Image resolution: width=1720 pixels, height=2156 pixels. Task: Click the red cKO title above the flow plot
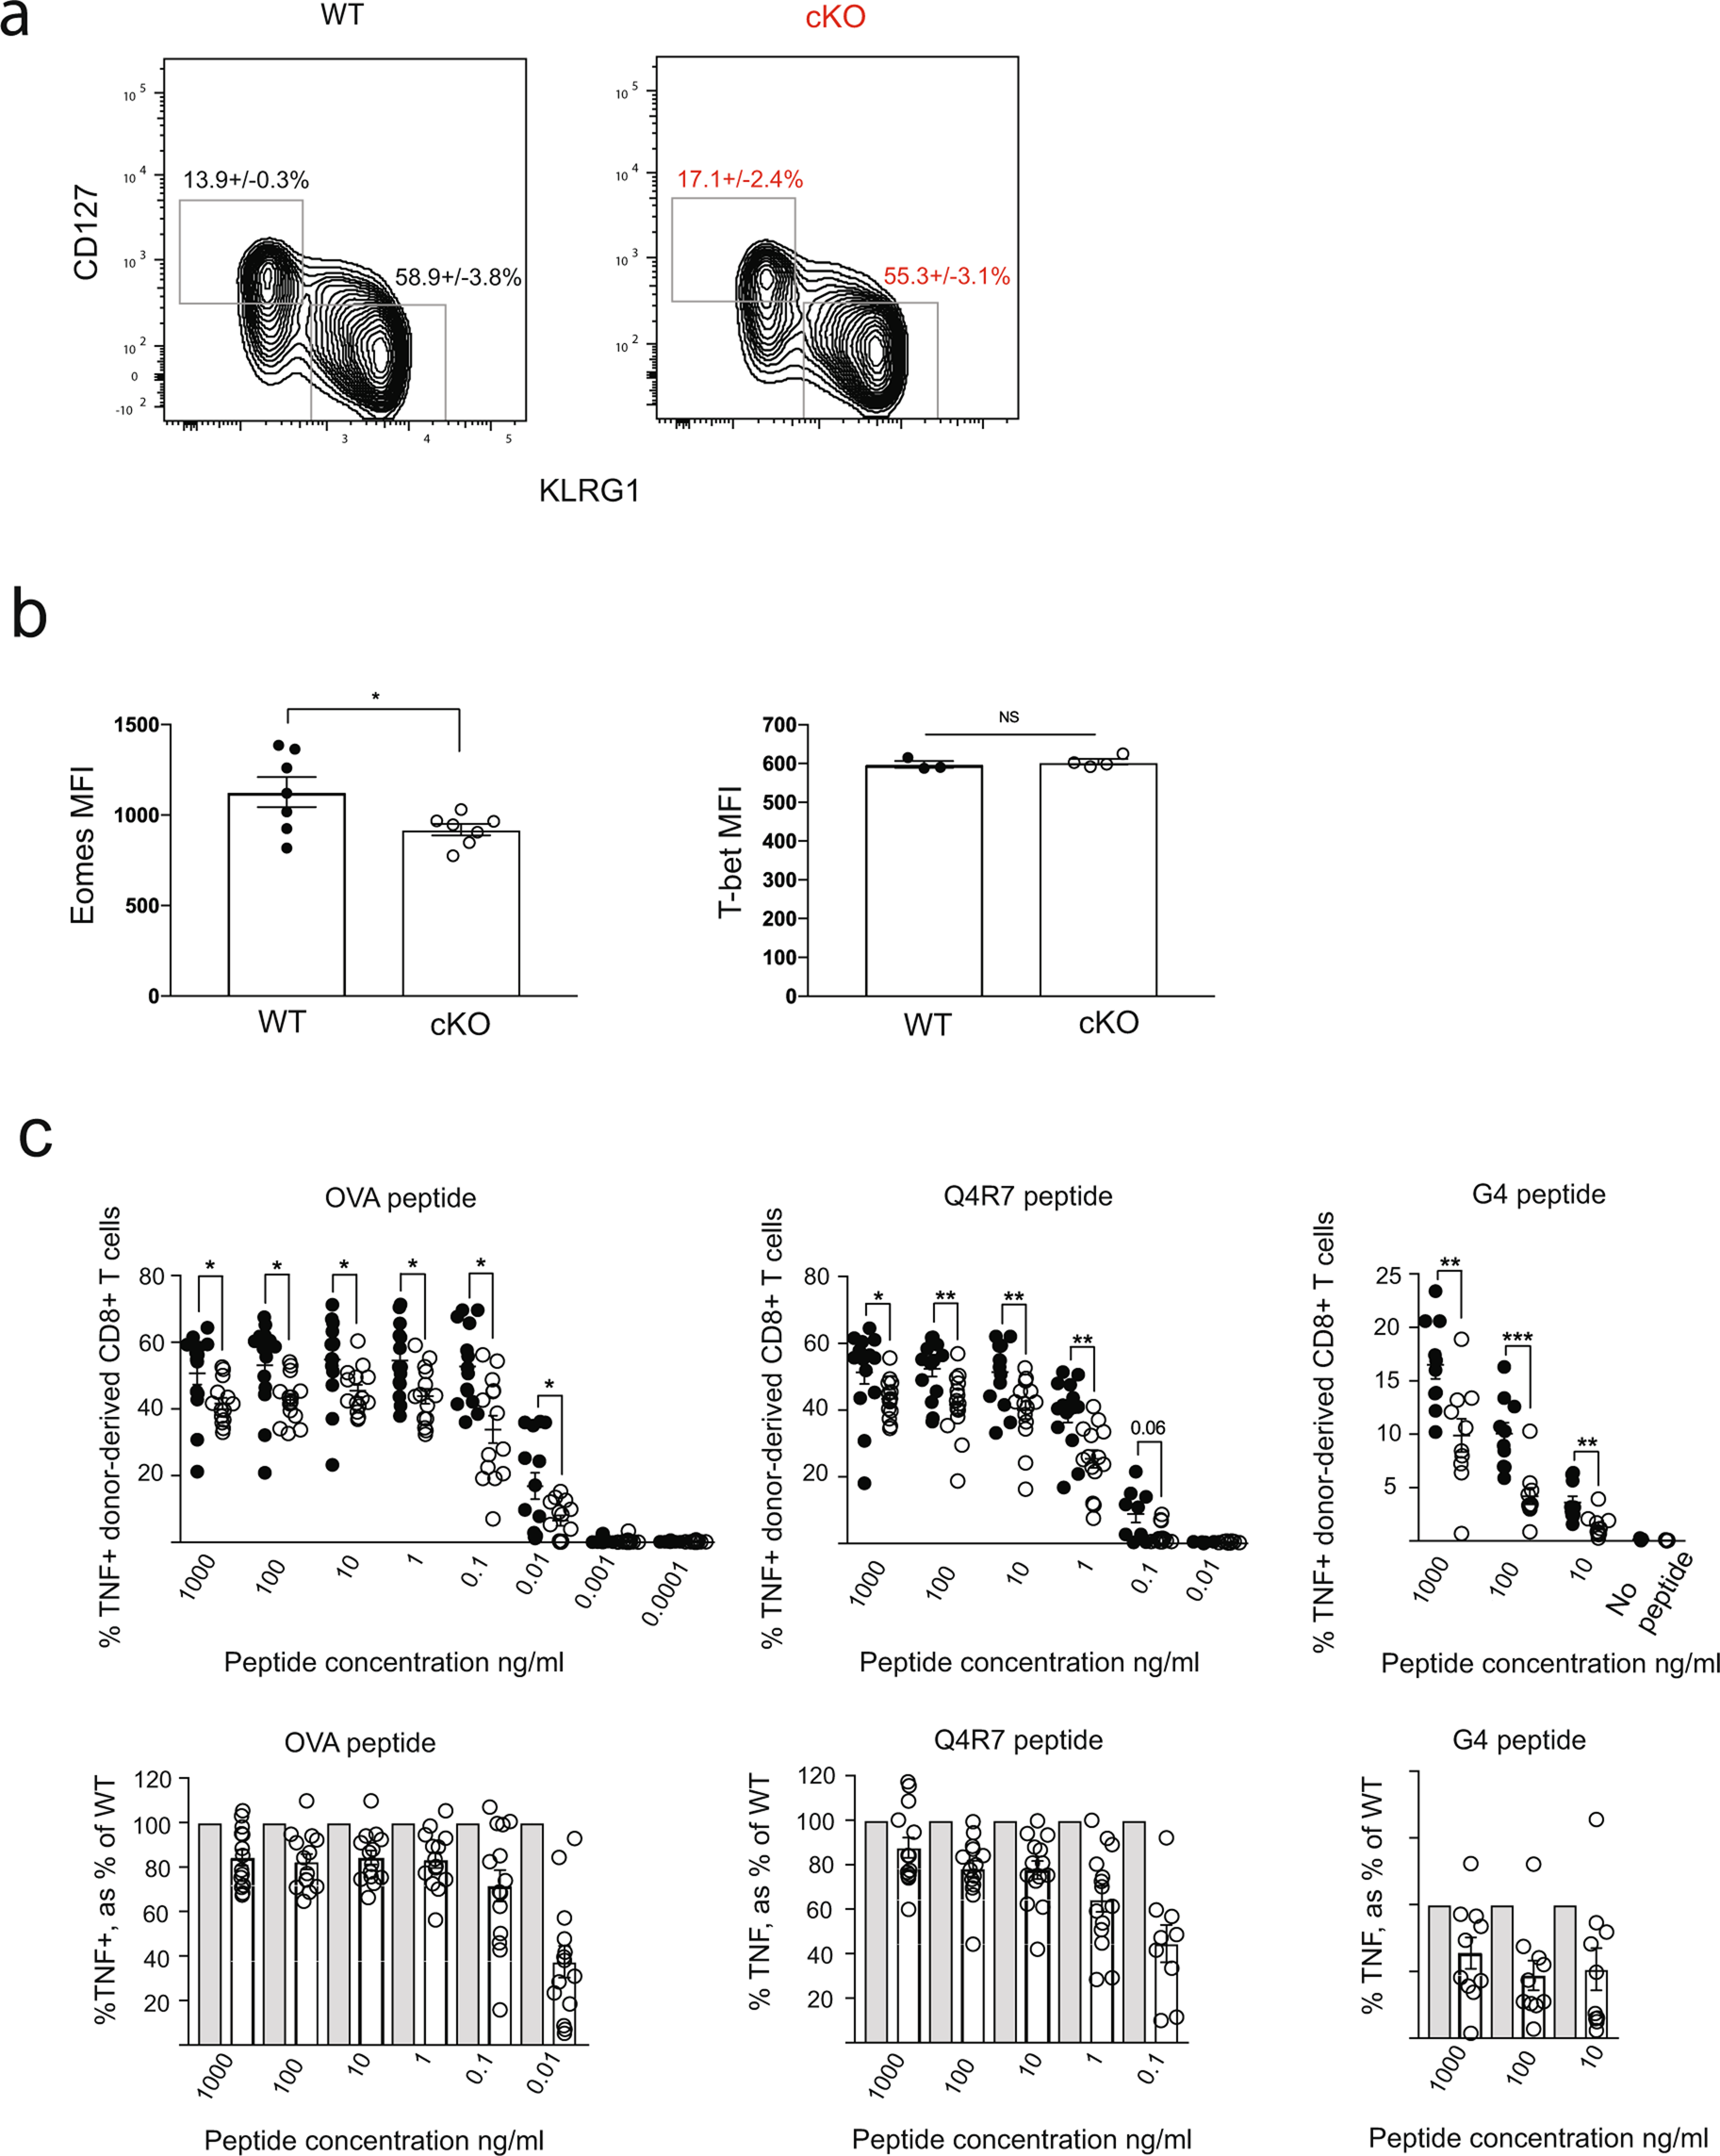[835, 18]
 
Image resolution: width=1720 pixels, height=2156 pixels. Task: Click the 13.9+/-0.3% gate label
[246, 180]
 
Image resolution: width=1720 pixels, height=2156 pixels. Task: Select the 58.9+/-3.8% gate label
[458, 277]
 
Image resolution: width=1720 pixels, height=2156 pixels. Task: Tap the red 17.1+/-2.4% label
[740, 179]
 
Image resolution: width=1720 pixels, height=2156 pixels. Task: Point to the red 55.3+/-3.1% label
[946, 276]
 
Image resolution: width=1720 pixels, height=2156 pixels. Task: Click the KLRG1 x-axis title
[589, 490]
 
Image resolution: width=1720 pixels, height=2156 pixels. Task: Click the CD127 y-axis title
[86, 232]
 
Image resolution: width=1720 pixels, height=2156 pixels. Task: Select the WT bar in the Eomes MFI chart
[287, 894]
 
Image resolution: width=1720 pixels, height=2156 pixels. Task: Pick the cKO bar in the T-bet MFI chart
[1098, 879]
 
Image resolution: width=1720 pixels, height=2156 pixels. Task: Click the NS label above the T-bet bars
[1008, 717]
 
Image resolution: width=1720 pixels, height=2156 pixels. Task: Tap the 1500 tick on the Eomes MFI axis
[136, 724]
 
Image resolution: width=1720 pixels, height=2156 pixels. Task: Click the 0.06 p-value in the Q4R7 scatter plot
[1147, 1428]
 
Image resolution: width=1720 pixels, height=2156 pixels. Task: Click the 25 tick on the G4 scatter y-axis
[1388, 1276]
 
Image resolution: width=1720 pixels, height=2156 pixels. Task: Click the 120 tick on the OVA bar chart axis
[152, 1779]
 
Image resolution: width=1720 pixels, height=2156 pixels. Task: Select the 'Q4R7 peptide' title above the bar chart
[1018, 1740]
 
